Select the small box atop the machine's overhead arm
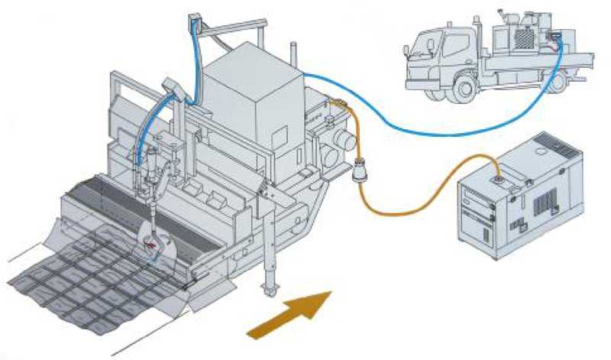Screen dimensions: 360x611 pyautogui.click(x=197, y=21)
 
